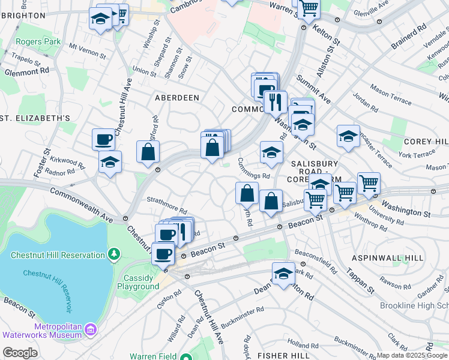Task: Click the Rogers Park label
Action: tap(40, 42)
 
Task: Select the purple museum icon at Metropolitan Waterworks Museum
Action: tap(91, 329)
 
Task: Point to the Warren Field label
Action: tap(153, 356)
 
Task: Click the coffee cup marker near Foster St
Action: tap(103, 140)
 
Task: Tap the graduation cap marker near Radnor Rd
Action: tap(110, 162)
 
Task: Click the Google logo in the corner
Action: tap(20, 353)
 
